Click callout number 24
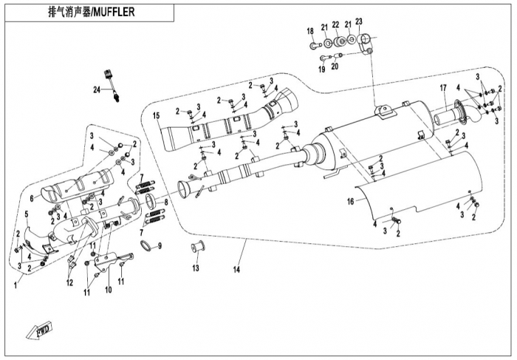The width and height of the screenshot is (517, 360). [96, 89]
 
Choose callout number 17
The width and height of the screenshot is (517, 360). [444, 89]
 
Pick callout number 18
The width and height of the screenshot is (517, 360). [310, 30]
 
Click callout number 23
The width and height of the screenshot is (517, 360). [359, 21]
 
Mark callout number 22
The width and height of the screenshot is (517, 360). [335, 24]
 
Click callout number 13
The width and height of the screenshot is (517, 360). [196, 267]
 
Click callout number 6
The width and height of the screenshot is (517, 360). [32, 198]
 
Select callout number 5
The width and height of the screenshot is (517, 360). [27, 214]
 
